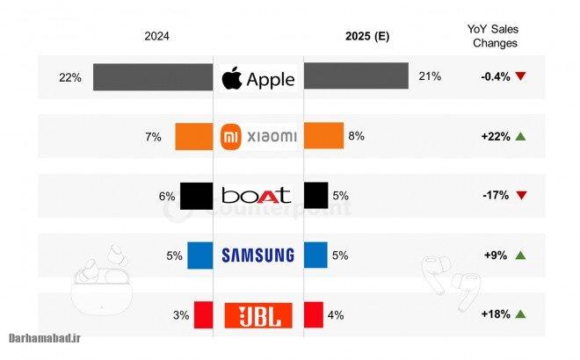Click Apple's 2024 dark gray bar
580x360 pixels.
(x=153, y=76)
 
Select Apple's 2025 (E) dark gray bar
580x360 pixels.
(x=356, y=76)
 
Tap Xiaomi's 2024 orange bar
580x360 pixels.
(x=194, y=136)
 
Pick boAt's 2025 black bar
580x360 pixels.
(x=315, y=195)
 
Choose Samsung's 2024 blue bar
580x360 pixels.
(x=200, y=255)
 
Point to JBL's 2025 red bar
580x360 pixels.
(x=313, y=313)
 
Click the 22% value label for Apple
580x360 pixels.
(x=70, y=77)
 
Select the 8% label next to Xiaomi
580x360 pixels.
(x=356, y=136)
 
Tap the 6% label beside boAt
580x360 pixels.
(x=167, y=196)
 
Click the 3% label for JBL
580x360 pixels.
(x=180, y=314)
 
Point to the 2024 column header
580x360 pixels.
(x=156, y=36)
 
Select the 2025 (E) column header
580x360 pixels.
(x=368, y=36)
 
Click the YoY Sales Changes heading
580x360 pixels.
(x=495, y=35)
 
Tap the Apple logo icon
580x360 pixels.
(x=231, y=77)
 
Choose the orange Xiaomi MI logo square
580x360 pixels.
(x=230, y=136)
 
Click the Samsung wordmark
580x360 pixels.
(x=257, y=256)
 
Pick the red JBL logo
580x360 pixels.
(x=258, y=314)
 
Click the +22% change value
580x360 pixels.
(x=495, y=136)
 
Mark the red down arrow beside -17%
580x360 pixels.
(x=521, y=195)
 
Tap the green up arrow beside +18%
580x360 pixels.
(x=521, y=314)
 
